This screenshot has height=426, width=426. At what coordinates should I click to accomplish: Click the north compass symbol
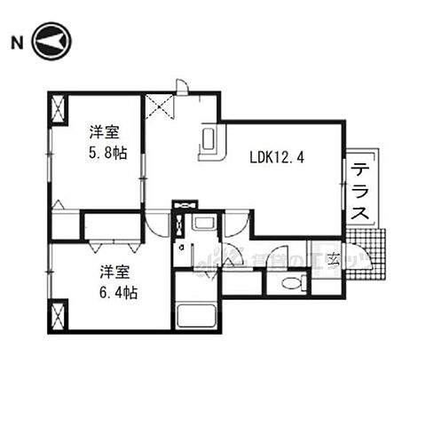51,42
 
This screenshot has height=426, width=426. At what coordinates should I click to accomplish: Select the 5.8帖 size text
107,153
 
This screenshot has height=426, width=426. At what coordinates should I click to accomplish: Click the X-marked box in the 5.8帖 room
59,111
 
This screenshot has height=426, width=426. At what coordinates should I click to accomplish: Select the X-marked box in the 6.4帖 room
59,314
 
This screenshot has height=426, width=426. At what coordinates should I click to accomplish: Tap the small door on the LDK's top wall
182,86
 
